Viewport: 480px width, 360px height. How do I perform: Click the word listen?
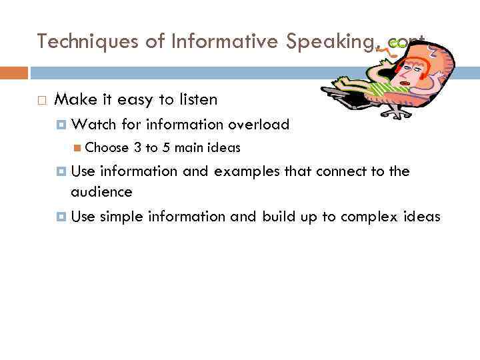coord(197,100)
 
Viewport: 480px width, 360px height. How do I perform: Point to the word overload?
coord(259,125)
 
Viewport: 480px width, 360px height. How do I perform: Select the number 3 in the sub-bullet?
coord(137,148)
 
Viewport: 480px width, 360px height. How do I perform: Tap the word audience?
coord(101,192)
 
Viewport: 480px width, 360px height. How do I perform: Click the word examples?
coord(247,171)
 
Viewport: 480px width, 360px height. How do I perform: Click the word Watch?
coord(93,125)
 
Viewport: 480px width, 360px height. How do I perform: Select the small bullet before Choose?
coord(79,148)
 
